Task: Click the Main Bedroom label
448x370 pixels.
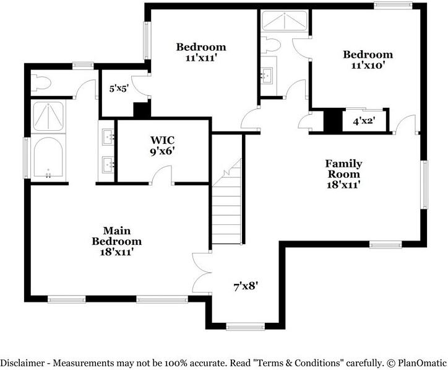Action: click(117, 241)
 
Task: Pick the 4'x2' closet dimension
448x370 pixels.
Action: click(364, 121)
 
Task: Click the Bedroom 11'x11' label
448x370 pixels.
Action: click(200, 53)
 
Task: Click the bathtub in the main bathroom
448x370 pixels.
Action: click(50, 157)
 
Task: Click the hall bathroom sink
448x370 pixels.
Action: click(268, 76)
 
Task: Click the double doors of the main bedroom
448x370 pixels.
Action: click(202, 273)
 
